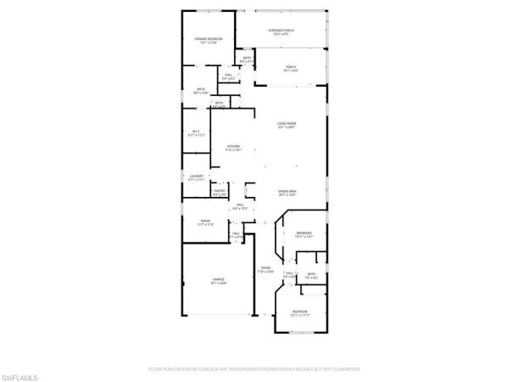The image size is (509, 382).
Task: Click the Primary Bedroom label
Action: pos(209,39)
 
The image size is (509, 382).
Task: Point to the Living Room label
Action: pos(287,124)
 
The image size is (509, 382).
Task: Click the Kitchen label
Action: pos(233,146)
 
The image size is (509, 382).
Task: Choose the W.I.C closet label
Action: pos(195,131)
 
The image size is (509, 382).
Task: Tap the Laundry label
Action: pos(196,176)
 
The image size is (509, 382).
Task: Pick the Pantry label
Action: pos(219,191)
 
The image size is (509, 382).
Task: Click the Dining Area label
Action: pos(287,191)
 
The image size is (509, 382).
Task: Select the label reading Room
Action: pos(204,220)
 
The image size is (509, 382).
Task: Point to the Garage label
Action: pos(218,278)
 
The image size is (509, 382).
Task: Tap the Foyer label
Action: pos(266,268)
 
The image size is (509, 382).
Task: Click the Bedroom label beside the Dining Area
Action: pos(305,233)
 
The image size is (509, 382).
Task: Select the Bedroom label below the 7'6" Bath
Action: pos(300,312)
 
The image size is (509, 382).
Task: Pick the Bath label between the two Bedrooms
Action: pos(311,273)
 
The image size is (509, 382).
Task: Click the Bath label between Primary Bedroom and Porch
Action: pos(247,58)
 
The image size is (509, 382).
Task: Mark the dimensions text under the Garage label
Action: pos(218,284)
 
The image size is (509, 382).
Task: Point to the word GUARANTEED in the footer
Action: pos(345,370)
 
